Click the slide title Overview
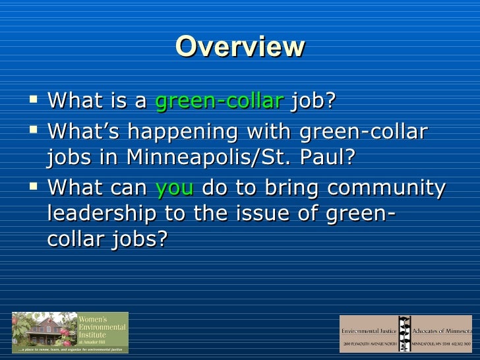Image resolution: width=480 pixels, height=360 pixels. click(240, 47)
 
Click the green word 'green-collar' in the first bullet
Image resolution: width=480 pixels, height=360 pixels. click(219, 101)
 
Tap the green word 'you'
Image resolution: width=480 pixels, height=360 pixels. click(175, 188)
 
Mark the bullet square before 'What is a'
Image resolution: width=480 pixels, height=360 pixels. click(35, 101)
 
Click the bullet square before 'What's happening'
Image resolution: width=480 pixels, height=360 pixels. click(35, 130)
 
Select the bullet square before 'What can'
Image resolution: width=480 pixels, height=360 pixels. click(35, 187)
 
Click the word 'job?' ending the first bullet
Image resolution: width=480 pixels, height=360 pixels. click(313, 101)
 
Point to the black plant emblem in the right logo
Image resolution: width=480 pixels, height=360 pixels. click(405, 333)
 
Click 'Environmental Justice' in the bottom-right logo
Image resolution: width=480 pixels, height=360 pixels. click(370, 329)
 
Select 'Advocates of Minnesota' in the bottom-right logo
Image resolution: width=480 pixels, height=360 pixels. click(442, 329)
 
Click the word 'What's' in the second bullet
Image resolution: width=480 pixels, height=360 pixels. click(83, 131)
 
